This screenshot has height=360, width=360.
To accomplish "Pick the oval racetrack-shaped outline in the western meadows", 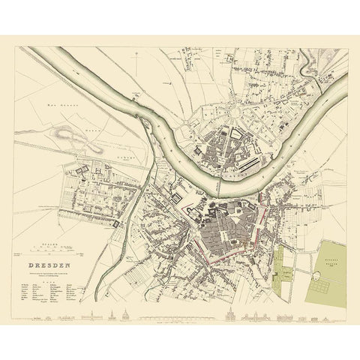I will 66,138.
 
